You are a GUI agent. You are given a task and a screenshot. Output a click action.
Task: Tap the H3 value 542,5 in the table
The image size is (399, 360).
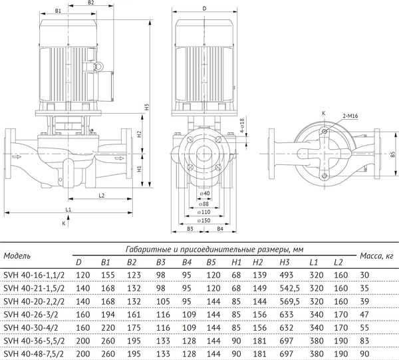tap(288, 288)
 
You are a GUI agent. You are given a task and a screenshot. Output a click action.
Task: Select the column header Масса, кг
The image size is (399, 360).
tap(376, 256)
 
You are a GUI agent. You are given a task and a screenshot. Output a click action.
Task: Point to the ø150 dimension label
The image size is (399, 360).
tap(205, 220)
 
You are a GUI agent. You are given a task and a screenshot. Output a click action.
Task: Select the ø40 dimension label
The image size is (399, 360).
tap(205, 194)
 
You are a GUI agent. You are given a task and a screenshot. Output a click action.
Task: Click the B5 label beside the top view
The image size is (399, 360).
tap(392, 154)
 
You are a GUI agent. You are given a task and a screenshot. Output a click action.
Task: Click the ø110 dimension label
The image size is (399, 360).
tap(205, 212)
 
